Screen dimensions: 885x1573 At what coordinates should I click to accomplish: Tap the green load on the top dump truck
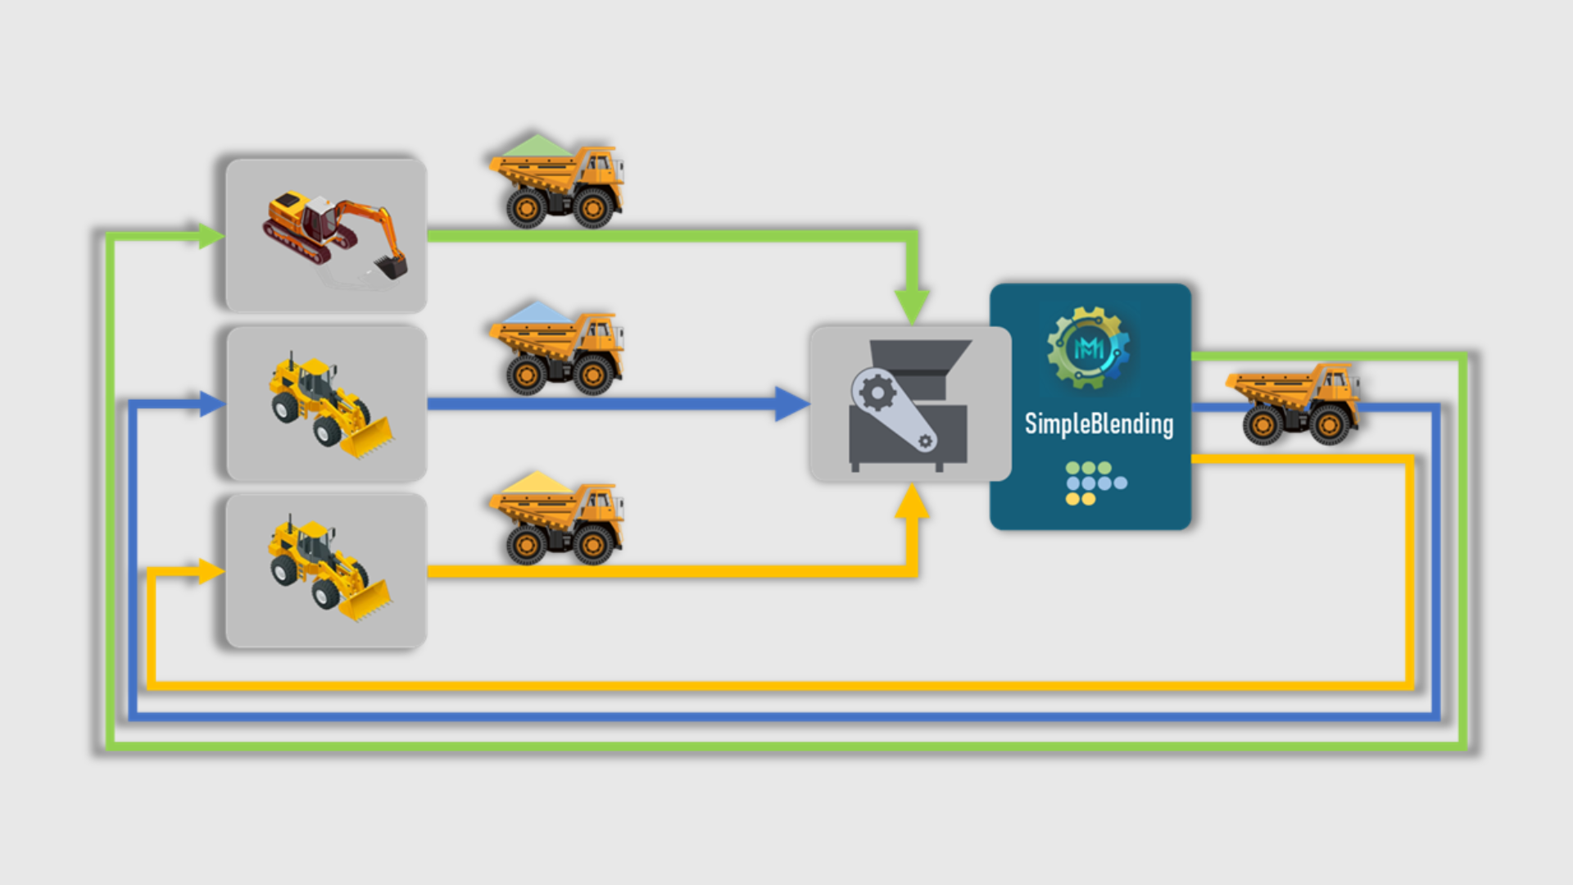coord(537,147)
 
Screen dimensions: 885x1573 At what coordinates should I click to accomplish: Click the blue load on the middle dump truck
coord(537,313)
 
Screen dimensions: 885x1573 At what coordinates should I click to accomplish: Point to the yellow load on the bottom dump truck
coord(537,483)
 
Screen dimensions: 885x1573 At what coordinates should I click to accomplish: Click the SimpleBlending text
coord(1099,424)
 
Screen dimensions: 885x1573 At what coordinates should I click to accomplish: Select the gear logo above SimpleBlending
coord(1089,347)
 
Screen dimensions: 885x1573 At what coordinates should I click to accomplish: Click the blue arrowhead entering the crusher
coord(791,404)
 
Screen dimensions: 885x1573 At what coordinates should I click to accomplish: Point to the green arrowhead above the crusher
coord(912,306)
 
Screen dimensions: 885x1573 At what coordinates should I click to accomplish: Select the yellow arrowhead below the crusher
coord(912,501)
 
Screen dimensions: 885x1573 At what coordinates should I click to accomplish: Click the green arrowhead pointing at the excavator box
coord(210,236)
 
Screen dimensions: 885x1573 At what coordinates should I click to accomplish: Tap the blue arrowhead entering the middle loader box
coord(211,403)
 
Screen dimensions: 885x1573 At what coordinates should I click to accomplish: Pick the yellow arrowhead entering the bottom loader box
coord(210,571)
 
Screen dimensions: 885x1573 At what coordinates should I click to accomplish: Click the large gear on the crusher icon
coord(877,393)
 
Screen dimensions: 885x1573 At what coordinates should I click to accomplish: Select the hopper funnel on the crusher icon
coord(921,356)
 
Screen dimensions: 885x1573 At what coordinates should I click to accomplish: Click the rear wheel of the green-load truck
coord(526,209)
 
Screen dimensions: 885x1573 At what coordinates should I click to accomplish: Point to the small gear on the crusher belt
coord(925,442)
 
